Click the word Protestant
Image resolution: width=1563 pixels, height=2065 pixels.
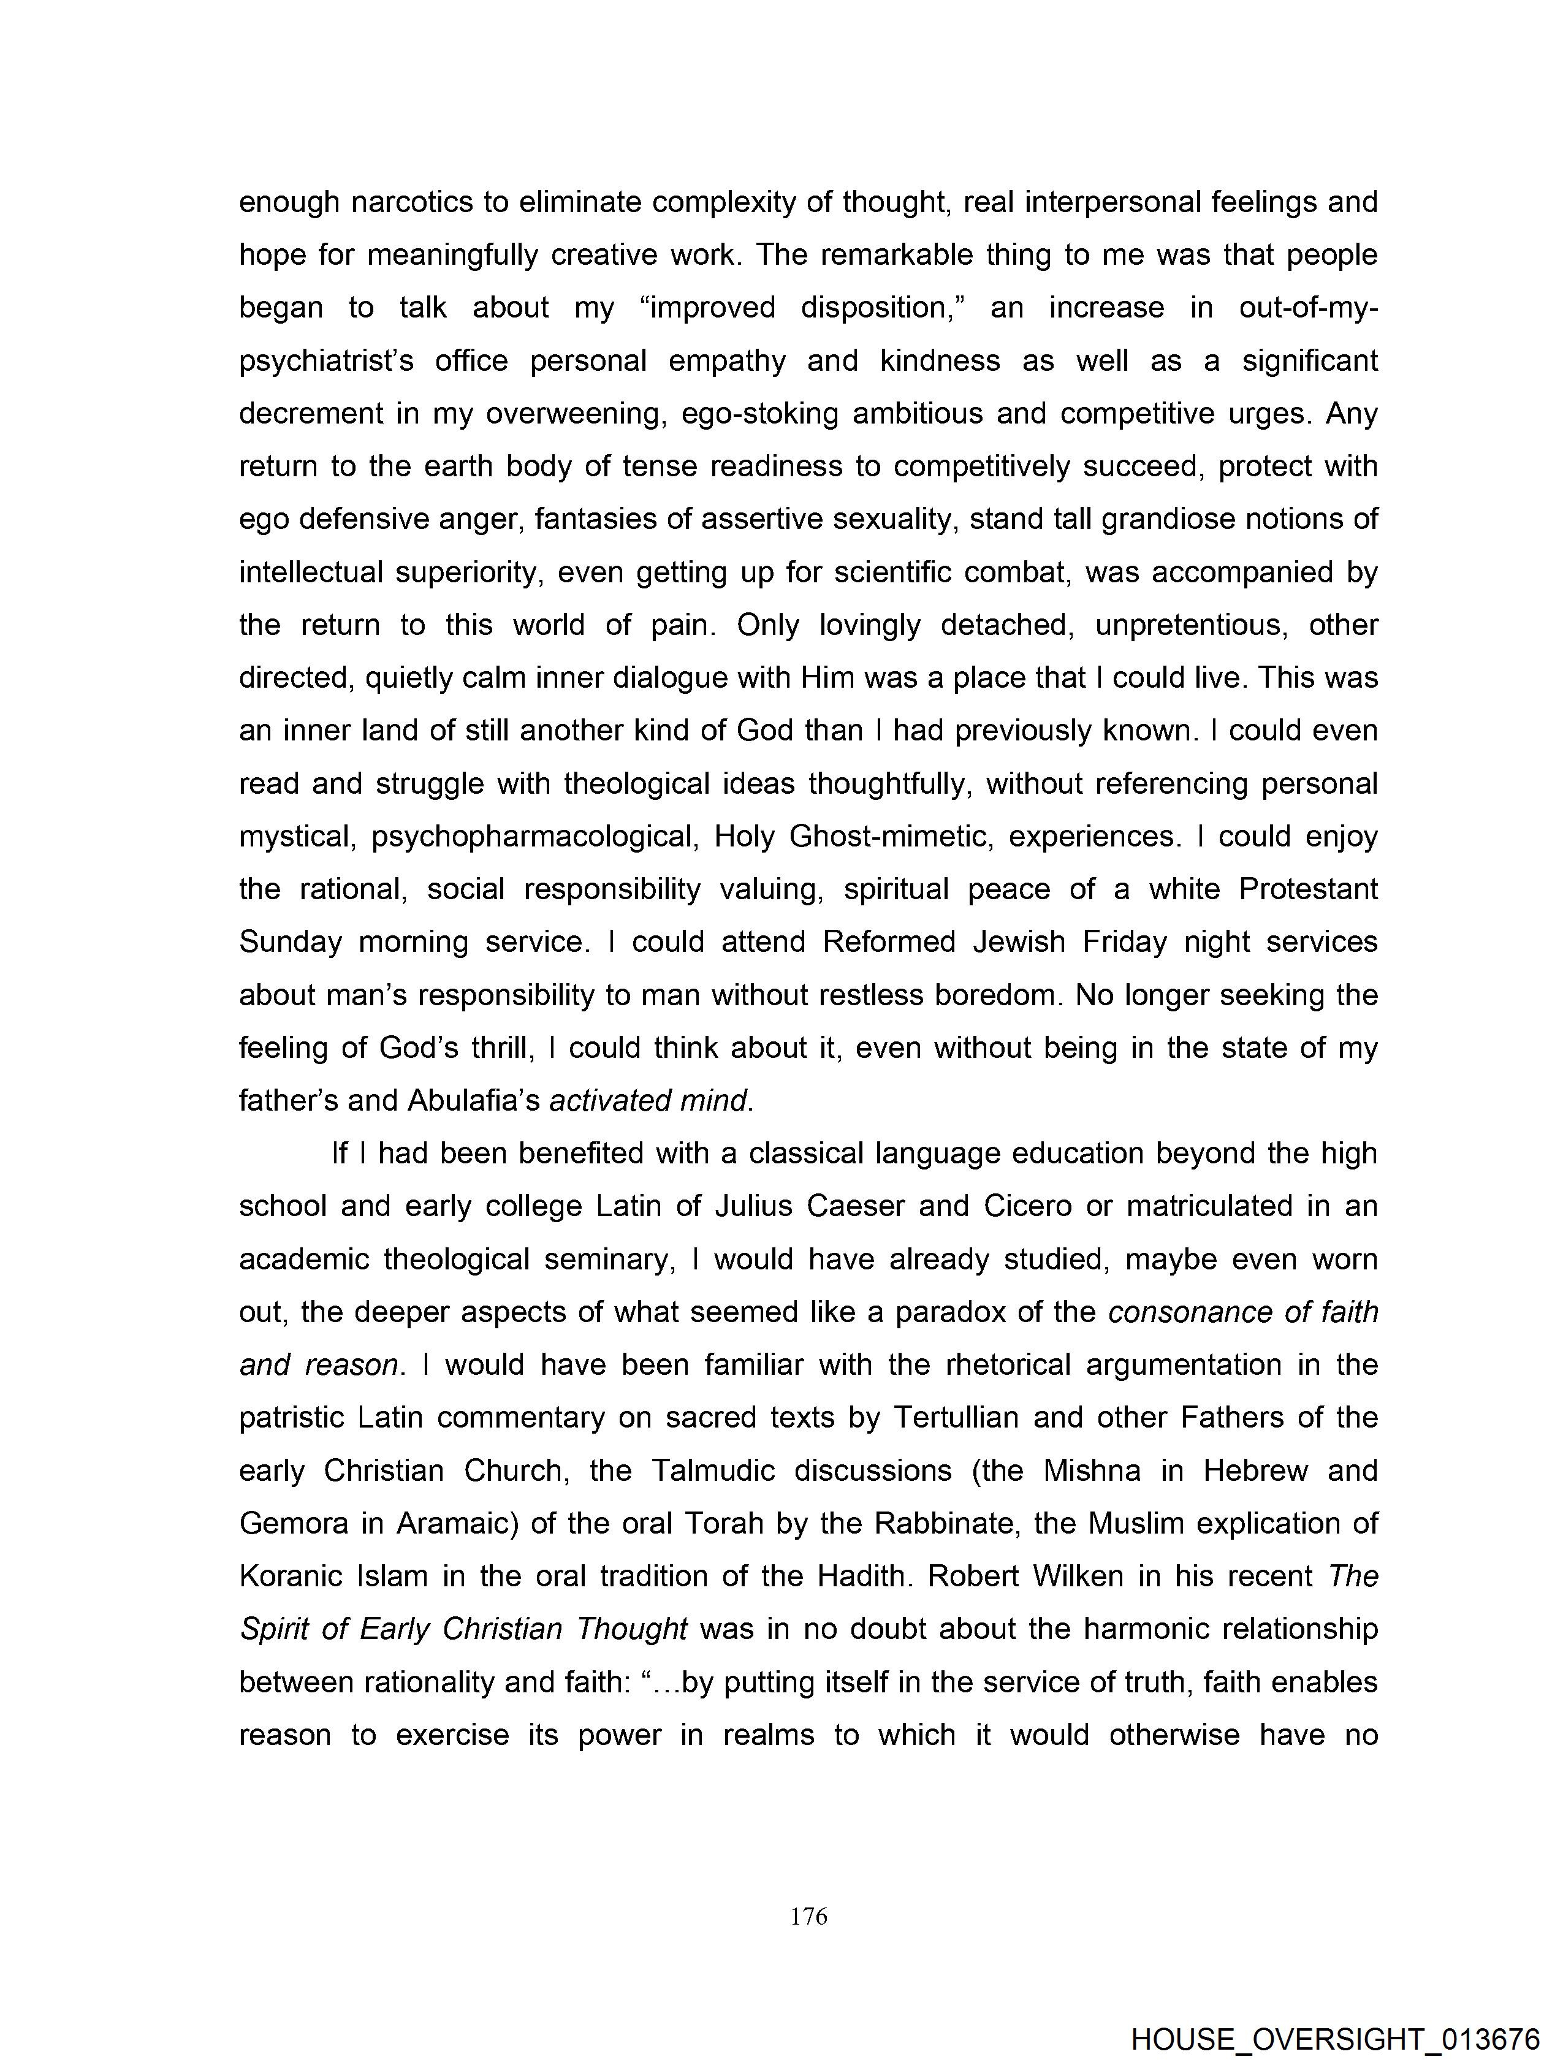[1307, 889]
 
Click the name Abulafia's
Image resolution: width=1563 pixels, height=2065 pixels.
[473, 1101]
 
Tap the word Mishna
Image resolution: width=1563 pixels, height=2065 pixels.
[1092, 1470]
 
